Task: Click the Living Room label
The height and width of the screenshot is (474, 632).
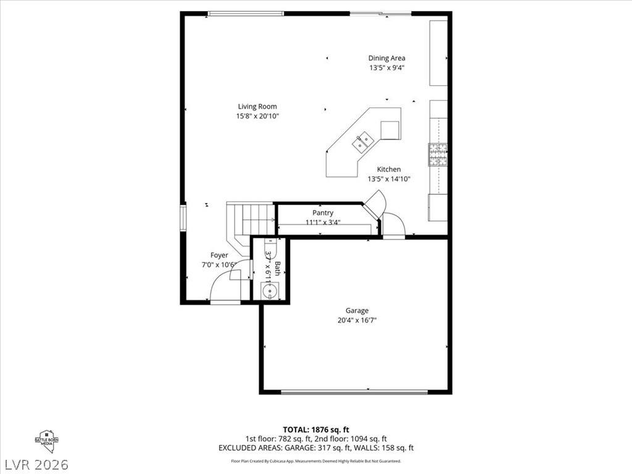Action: [257, 107]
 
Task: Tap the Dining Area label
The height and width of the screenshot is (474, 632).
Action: [387, 59]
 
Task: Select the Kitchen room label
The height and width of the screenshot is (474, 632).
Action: [389, 169]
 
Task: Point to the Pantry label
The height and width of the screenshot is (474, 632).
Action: [323, 213]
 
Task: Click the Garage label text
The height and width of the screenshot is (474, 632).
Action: [357, 311]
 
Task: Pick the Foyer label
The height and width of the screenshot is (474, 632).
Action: [219, 255]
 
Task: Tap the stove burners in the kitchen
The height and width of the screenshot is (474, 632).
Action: [438, 154]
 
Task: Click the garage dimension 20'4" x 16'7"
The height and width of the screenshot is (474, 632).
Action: [357, 320]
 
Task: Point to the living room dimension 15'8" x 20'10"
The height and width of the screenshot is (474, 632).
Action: [257, 116]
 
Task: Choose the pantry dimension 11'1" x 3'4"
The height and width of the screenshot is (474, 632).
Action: [323, 222]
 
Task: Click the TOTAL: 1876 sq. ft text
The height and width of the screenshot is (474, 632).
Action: [316, 430]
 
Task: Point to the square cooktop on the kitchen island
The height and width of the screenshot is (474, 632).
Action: [389, 130]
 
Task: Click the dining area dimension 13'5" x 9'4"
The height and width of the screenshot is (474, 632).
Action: [387, 68]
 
